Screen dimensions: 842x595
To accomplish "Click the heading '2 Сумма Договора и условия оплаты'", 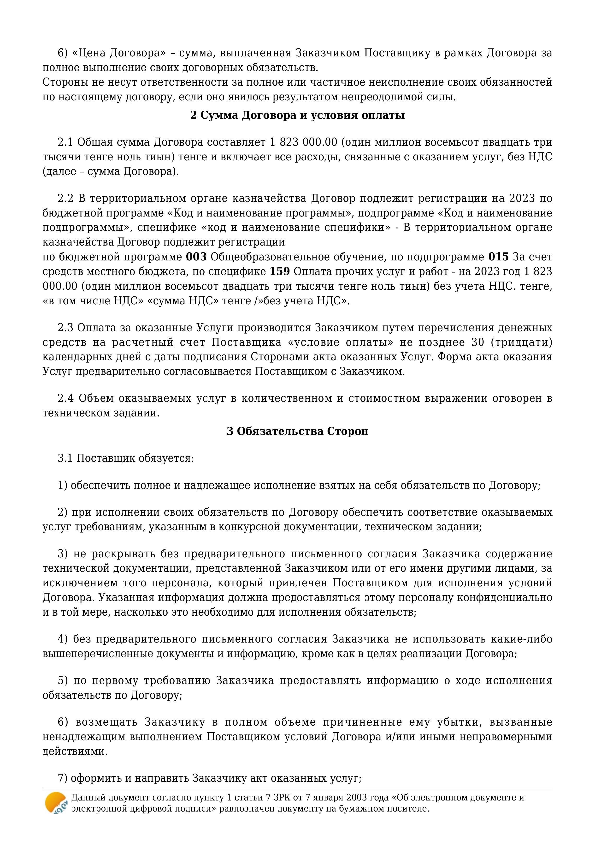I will coord(297,115).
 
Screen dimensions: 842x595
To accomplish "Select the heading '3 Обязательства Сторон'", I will coord(297,431).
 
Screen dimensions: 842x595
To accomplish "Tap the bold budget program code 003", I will coord(196,257).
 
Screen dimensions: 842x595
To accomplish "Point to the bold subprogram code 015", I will coord(498,257).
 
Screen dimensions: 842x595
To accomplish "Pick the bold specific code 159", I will coord(280,272).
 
